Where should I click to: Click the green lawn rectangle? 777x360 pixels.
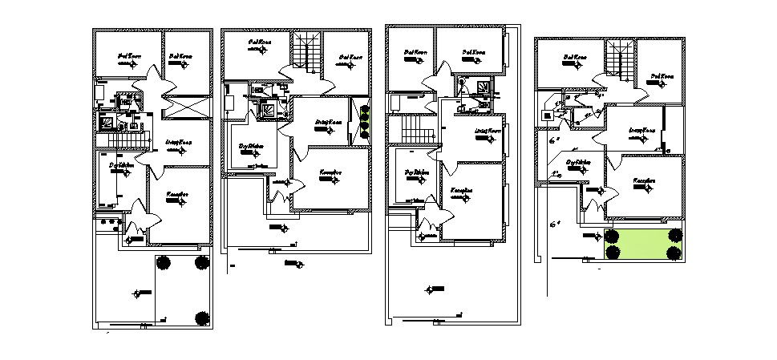tap(643, 245)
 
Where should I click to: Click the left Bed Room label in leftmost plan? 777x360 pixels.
tap(128, 56)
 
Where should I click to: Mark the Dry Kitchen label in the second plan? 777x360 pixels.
tap(251, 146)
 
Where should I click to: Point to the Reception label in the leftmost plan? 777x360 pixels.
tap(177, 195)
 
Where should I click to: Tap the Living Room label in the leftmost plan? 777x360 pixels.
tap(177, 143)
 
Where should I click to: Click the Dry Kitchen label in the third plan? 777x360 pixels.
tap(415, 172)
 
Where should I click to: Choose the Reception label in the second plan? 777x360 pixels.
tap(331, 172)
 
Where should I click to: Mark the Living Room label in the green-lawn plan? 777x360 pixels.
tap(641, 129)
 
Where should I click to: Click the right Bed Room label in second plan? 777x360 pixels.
tap(350, 57)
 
